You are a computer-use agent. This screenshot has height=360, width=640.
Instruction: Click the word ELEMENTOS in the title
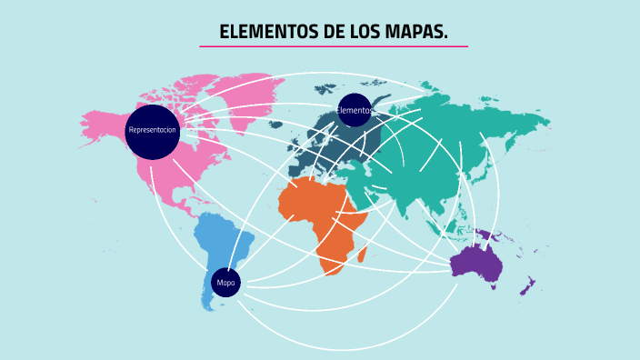click(x=268, y=33)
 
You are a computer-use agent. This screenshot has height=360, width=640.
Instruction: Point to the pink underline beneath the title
click(x=334, y=46)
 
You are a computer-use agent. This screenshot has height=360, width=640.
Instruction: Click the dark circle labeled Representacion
click(x=153, y=131)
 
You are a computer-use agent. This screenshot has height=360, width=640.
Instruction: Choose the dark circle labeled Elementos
click(x=355, y=110)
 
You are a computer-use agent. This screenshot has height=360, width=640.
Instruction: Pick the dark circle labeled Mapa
click(x=225, y=283)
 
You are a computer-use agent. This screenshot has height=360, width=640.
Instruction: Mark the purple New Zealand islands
click(x=526, y=287)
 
